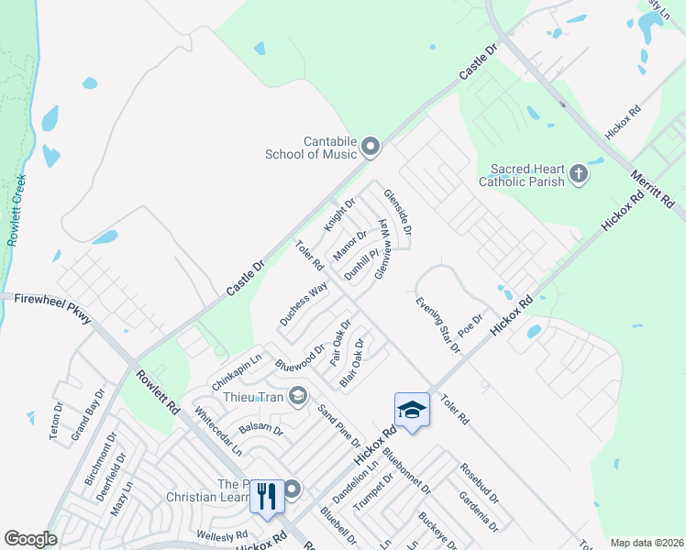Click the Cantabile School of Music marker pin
pyautogui.click(x=371, y=146)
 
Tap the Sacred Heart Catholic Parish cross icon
pyautogui.click(x=578, y=173)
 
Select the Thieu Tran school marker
pyautogui.click(x=297, y=396)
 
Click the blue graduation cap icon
pyautogui.click(x=412, y=409)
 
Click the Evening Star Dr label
pyautogui.click(x=436, y=324)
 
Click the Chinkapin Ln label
pyautogui.click(x=237, y=368)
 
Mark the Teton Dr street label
pyautogui.click(x=56, y=421)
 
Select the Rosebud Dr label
pyautogui.click(x=480, y=484)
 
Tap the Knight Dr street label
pyautogui.click(x=338, y=214)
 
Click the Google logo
pyautogui.click(x=30, y=539)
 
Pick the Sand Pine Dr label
pyautogui.click(x=337, y=426)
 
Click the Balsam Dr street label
pyautogui.click(x=260, y=424)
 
